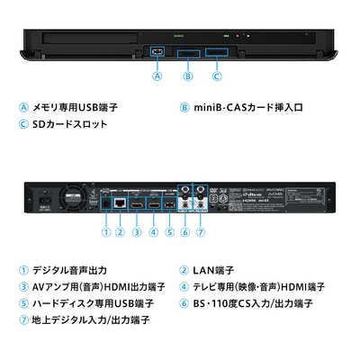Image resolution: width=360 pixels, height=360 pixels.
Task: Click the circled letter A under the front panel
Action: click(157, 76)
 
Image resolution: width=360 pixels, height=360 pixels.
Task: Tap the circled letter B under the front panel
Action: click(187, 76)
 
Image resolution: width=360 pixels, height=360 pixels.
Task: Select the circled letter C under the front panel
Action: click(217, 76)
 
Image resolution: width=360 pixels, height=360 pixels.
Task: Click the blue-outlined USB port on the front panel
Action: click(157, 52)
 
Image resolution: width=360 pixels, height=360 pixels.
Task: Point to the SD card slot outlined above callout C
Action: click(217, 52)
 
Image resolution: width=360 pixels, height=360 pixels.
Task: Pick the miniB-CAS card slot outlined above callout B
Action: click(187, 53)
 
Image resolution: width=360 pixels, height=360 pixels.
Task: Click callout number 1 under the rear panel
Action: click(105, 233)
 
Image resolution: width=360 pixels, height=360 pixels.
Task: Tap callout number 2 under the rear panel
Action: click(121, 233)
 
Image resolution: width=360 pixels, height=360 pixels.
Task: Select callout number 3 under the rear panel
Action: click(137, 233)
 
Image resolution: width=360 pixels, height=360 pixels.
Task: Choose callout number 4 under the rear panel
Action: click(153, 233)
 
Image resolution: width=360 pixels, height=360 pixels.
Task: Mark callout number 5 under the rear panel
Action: click(169, 233)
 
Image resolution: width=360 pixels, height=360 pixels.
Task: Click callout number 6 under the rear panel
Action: click(185, 233)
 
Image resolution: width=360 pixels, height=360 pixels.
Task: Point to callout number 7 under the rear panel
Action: click(202, 233)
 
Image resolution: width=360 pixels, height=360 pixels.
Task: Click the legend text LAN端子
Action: click(216, 269)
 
